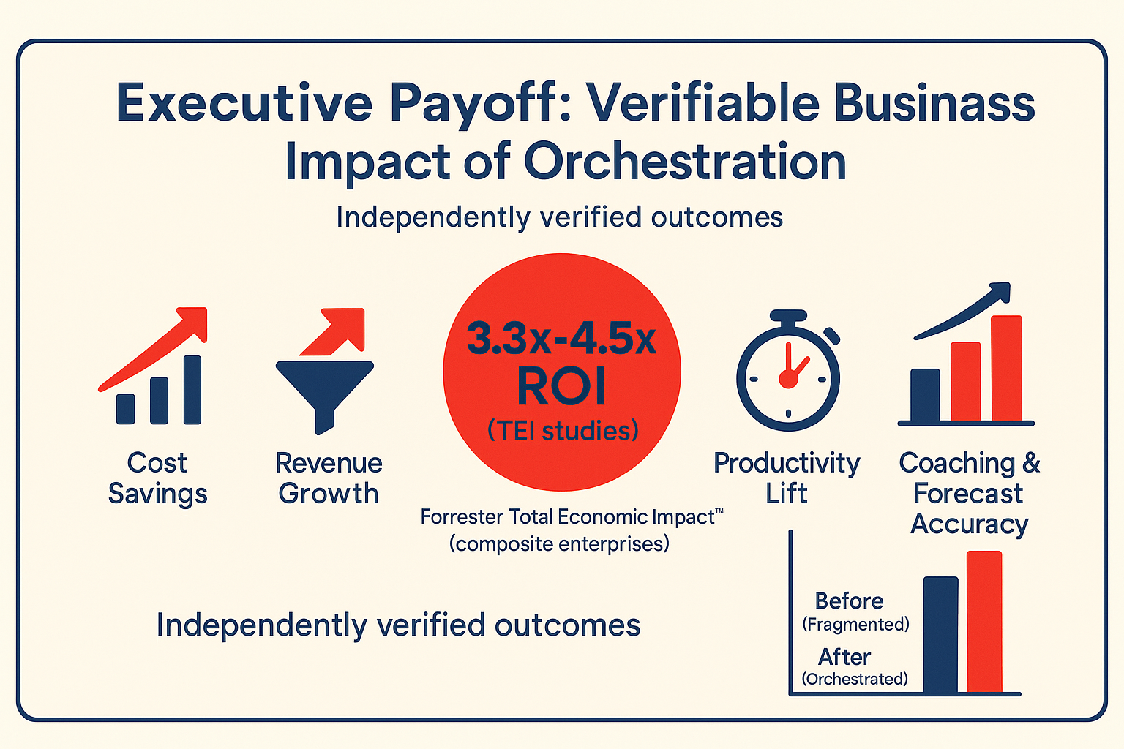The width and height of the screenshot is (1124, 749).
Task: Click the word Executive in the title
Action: (x=244, y=103)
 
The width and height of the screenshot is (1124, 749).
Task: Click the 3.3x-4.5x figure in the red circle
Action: (x=561, y=339)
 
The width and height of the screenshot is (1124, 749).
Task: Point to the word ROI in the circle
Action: (x=561, y=385)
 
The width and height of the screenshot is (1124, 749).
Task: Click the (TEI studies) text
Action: (x=563, y=431)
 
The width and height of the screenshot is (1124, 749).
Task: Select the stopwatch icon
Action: (x=788, y=371)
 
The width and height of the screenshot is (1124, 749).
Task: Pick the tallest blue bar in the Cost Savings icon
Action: (x=192, y=390)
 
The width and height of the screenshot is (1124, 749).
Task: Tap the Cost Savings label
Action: (x=157, y=478)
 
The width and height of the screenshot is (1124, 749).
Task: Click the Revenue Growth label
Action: (x=329, y=478)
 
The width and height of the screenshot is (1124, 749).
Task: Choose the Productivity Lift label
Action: (x=787, y=478)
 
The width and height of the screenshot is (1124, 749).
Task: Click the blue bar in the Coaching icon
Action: (x=925, y=395)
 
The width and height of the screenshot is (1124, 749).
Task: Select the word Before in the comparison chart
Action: (x=849, y=601)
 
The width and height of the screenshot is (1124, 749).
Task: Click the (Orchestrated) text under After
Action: (x=855, y=679)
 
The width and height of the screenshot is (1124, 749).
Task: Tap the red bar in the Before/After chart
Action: (x=984, y=622)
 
